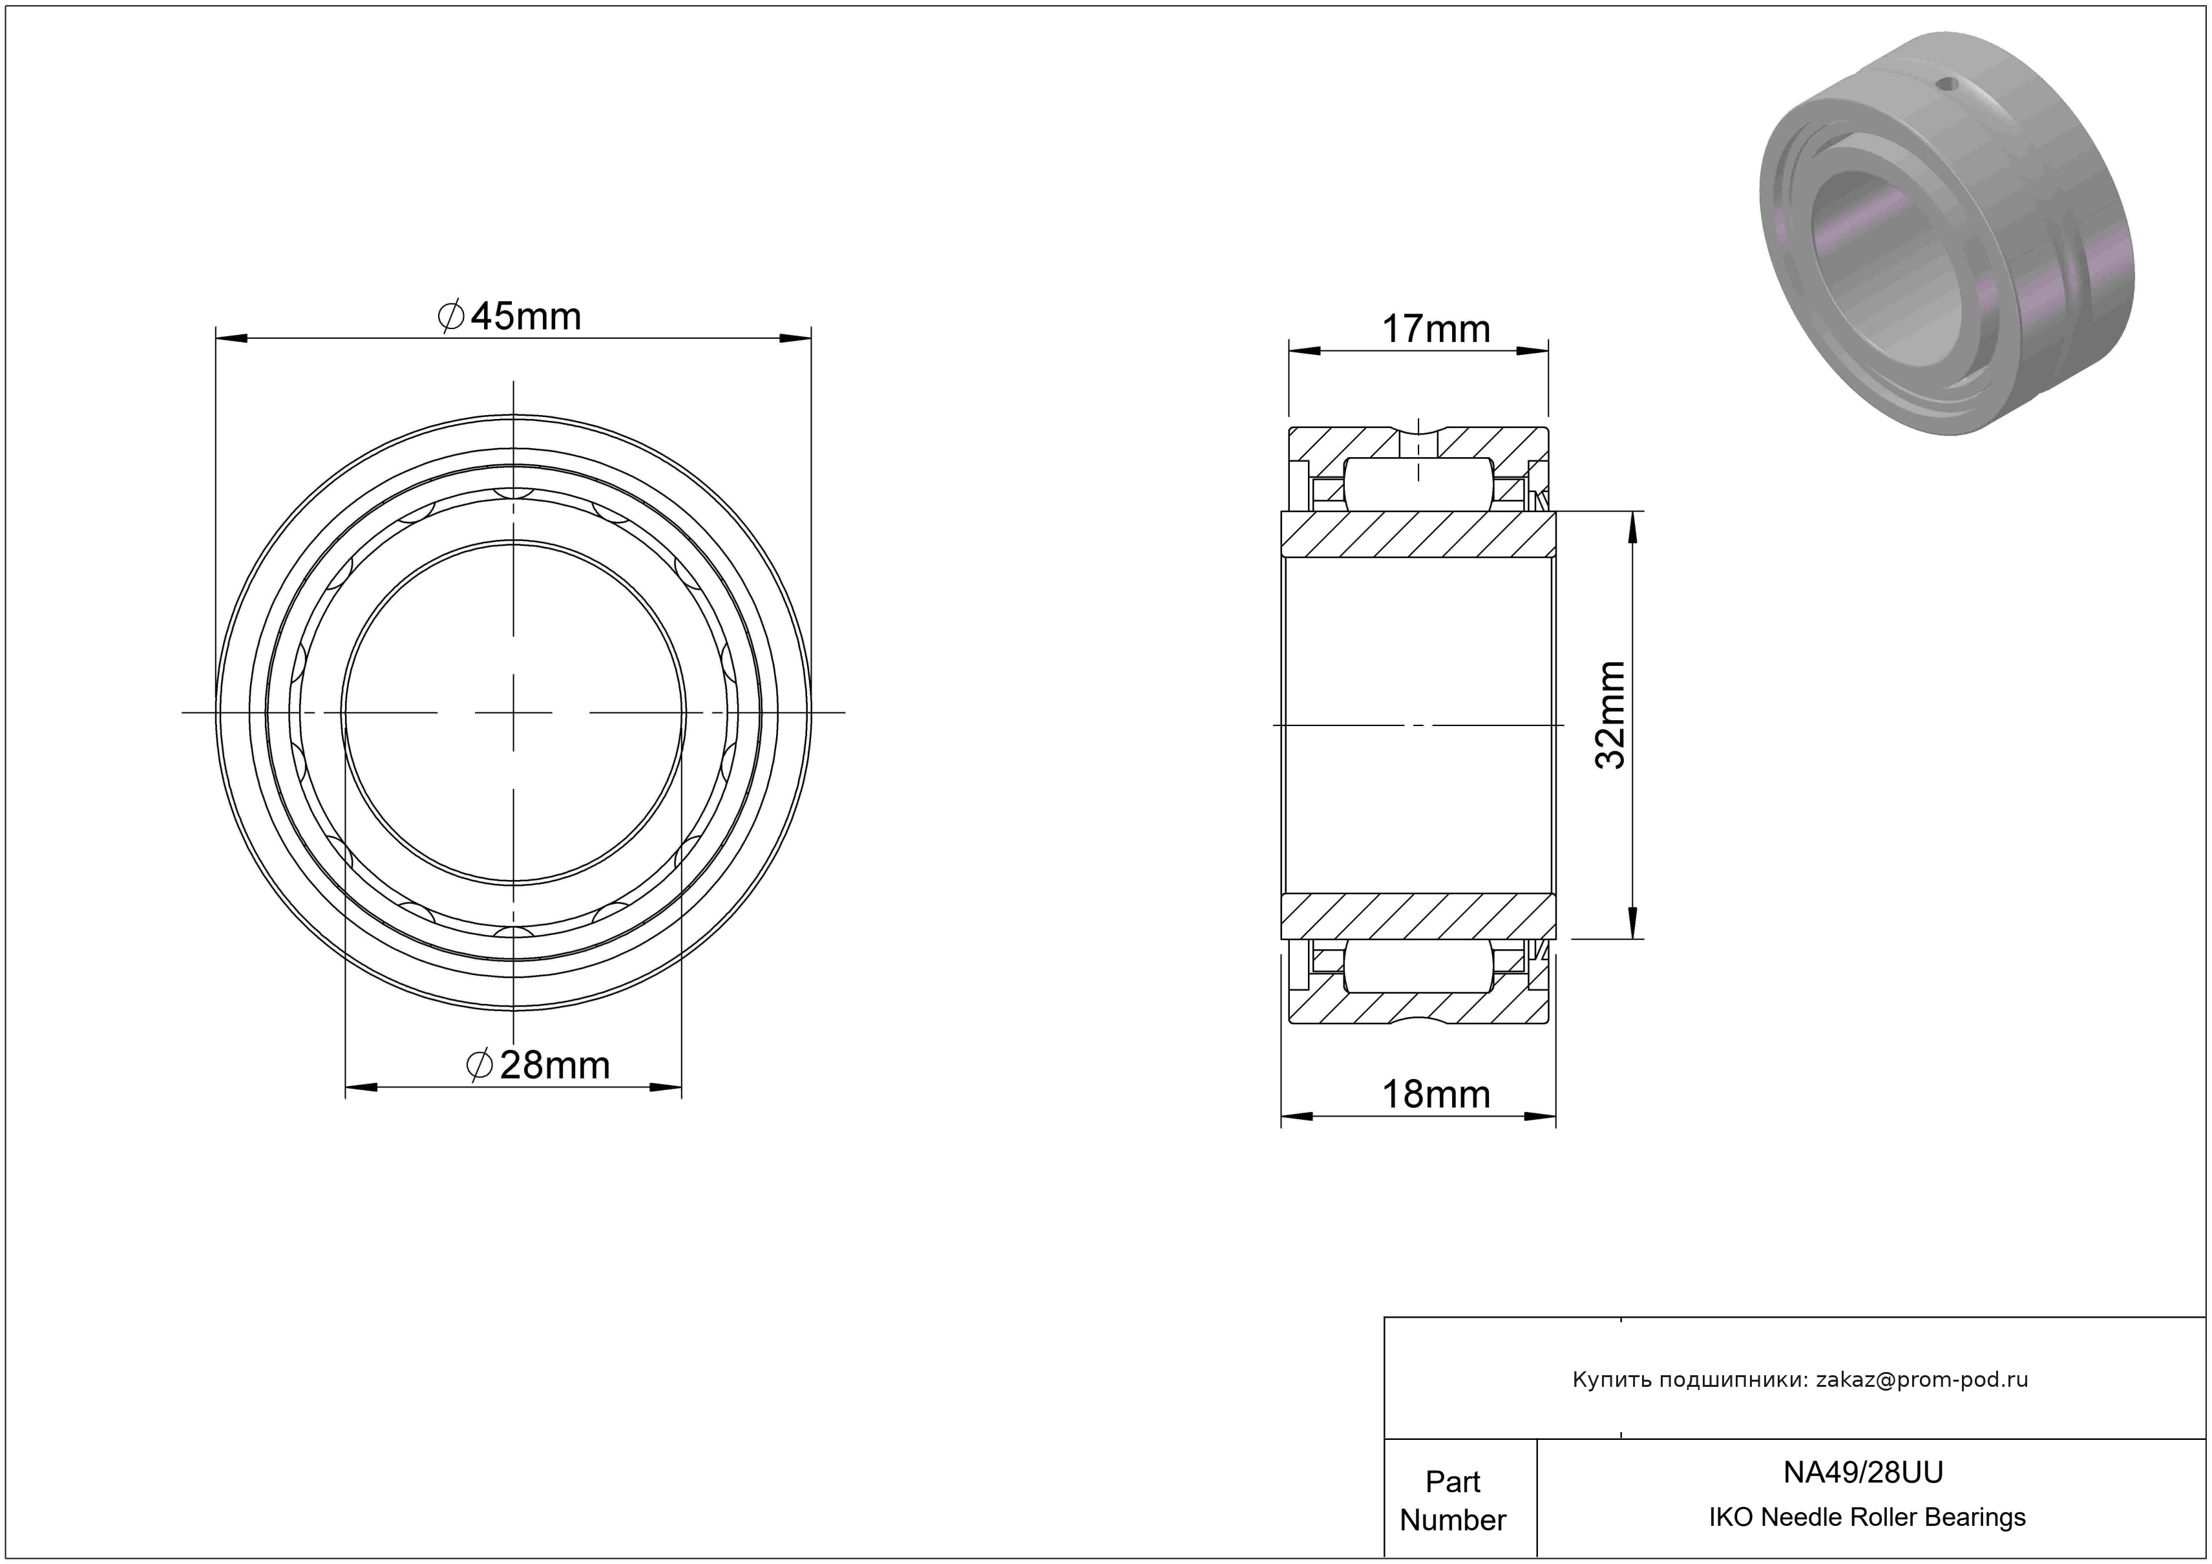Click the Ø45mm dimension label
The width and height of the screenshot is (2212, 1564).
coord(510,316)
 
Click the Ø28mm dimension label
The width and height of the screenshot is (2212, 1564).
coord(538,1065)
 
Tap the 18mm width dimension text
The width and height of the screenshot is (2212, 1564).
coord(1435,1095)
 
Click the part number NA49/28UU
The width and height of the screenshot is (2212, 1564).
coord(1863,1472)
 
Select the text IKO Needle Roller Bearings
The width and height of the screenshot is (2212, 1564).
coord(1867,1517)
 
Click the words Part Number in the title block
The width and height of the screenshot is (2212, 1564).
coord(1453,1501)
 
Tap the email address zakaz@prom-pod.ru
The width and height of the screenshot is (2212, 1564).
coord(1922,1380)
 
